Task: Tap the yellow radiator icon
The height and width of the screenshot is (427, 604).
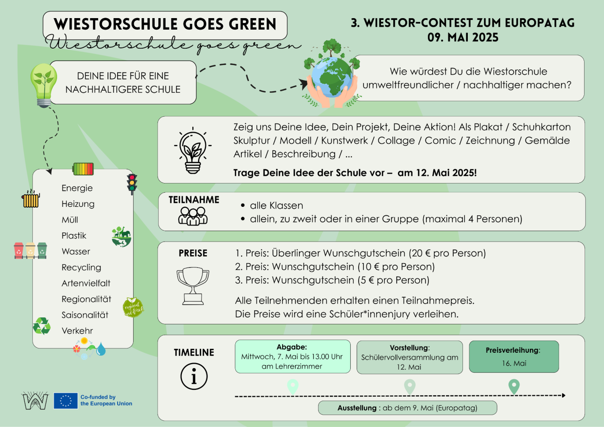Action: click(x=31, y=198)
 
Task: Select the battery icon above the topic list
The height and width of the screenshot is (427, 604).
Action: click(x=83, y=169)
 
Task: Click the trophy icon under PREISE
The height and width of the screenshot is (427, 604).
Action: click(x=193, y=286)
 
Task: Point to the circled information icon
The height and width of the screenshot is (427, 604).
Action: click(x=194, y=376)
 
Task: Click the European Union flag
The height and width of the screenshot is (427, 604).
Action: click(x=66, y=400)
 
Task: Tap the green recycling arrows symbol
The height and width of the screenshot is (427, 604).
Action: click(x=42, y=326)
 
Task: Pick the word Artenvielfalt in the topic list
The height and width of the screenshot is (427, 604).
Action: click(x=86, y=283)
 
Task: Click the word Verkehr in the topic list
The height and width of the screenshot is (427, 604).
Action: click(x=77, y=331)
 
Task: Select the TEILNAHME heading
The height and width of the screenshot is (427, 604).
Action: click(x=194, y=200)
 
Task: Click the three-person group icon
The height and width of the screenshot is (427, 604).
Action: click(x=193, y=216)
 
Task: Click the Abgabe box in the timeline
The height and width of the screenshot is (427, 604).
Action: click(x=293, y=356)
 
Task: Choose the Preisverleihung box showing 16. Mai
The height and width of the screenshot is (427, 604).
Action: click(x=514, y=356)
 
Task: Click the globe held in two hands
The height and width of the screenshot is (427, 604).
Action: click(x=332, y=77)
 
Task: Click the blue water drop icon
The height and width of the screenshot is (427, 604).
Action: click(x=101, y=349)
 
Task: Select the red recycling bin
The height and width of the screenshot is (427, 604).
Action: click(x=19, y=251)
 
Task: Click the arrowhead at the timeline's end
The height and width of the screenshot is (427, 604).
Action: click(x=564, y=396)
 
